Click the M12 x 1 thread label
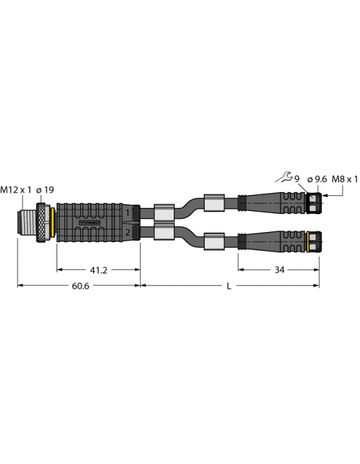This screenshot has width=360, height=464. click(15, 189)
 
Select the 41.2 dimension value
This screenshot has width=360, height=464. click(98, 270)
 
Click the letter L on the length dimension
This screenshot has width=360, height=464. click(230, 287)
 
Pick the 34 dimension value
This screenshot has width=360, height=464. click(279, 270)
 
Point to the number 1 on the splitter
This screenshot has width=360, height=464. click(128, 212)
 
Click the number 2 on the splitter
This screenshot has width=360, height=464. click(128, 233)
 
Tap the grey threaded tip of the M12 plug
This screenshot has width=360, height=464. click(27, 222)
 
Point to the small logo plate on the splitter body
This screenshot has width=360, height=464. click(89, 222)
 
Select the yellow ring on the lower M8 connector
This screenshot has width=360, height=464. click(307, 240)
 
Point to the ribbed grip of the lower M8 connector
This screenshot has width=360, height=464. click(292, 240)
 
